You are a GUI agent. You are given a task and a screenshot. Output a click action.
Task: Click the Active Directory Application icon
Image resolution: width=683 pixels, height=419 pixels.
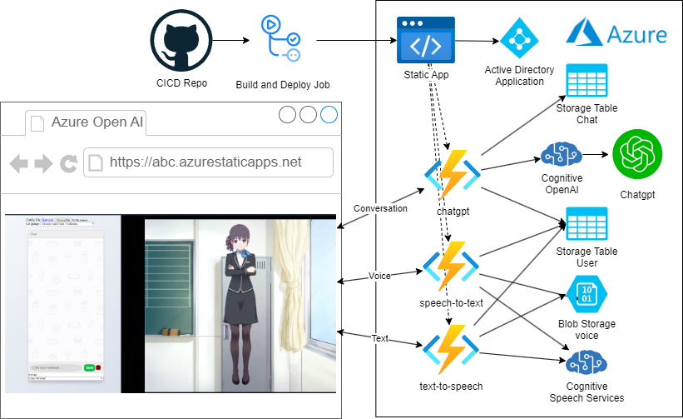coord(519,38)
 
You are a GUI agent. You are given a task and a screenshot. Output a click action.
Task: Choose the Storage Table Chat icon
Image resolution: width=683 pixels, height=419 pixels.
coord(586,82)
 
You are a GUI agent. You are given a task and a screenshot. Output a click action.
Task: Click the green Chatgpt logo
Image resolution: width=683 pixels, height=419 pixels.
coord(636,157)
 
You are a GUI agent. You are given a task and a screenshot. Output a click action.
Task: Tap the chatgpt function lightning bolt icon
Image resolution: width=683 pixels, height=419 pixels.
coord(453,174)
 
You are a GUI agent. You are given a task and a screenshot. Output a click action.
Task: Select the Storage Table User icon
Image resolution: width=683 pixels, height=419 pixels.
coord(586,225)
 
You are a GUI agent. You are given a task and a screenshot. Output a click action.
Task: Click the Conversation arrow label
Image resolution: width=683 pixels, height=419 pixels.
coord(381,208)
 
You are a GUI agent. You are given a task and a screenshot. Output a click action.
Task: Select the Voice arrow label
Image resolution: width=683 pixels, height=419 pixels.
coord(379,276)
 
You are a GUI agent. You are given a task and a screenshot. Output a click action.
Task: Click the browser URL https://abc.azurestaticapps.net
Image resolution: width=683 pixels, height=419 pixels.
coord(205,162)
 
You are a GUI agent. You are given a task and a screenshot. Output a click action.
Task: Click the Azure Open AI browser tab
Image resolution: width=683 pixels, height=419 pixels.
coord(97,122)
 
